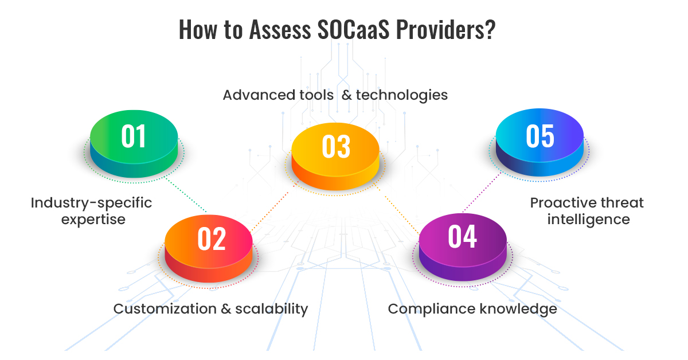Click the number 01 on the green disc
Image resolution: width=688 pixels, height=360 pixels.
(133, 136)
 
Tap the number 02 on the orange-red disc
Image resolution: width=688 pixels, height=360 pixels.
(212, 238)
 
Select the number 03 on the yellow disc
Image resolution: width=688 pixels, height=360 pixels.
(336, 147)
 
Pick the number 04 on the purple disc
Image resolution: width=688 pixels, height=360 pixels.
(462, 236)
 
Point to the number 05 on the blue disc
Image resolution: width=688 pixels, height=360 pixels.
(540, 136)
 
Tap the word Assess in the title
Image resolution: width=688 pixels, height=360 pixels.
(280, 29)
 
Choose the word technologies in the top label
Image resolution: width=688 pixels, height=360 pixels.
(402, 96)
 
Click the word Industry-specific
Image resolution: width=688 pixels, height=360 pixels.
(91, 203)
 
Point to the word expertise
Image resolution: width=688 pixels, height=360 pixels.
(93, 220)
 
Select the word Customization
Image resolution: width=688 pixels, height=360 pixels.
(165, 309)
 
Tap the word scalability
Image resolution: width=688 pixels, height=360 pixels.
(272, 310)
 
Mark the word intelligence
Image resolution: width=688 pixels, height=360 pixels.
(588, 220)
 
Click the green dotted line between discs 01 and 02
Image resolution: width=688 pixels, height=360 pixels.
(186, 195)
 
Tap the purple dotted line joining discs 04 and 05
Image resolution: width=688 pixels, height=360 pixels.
(482, 192)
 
